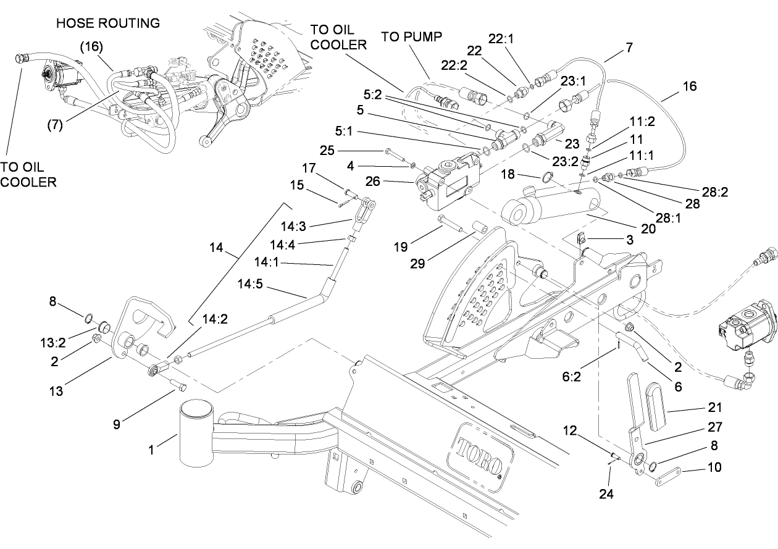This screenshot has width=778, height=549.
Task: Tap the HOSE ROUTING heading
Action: [107, 23]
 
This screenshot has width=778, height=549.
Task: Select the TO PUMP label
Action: [411, 36]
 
